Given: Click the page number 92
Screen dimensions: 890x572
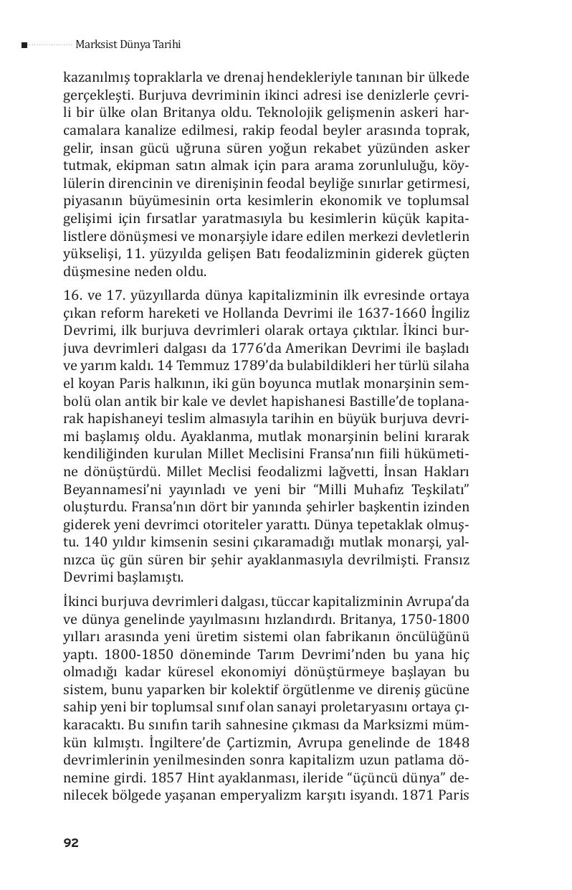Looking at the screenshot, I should point(70,843).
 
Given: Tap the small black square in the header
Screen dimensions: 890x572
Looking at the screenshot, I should point(24,45).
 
